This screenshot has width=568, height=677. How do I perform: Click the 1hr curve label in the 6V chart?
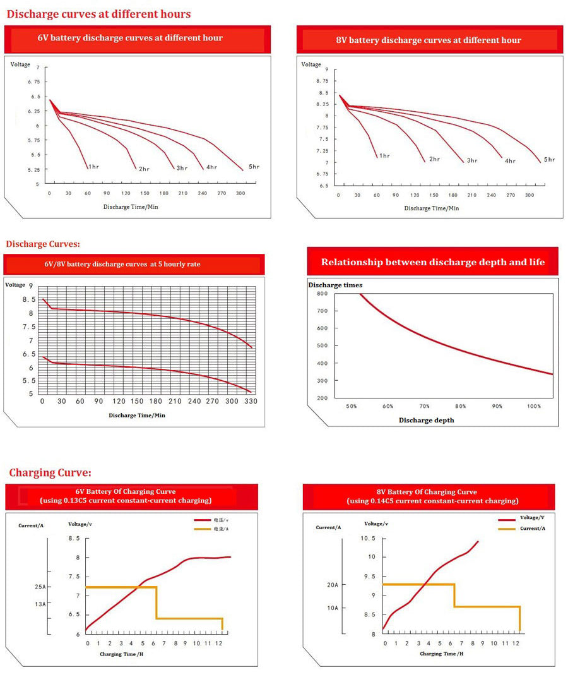click(93, 167)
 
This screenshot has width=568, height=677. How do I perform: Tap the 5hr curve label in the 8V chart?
click(549, 160)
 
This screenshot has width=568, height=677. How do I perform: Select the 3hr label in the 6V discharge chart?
click(182, 168)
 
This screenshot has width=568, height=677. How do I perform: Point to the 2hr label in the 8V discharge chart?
click(434, 159)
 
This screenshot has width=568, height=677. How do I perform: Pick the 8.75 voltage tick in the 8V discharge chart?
click(322, 81)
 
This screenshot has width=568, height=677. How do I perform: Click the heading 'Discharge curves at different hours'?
click(98, 14)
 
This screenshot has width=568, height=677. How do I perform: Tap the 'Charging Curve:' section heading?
click(50, 472)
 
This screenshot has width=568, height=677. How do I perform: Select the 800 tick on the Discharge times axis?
click(322, 294)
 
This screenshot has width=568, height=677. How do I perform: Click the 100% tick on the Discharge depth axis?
click(534, 406)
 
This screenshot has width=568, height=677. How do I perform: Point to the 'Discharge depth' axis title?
click(426, 420)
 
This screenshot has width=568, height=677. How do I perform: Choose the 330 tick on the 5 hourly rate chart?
click(251, 401)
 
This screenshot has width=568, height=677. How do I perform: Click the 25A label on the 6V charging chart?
click(40, 587)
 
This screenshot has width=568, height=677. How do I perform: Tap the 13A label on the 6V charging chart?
click(40, 604)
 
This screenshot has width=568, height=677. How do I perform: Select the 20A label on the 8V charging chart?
click(333, 585)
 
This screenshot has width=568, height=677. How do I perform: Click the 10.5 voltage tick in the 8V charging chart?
click(368, 538)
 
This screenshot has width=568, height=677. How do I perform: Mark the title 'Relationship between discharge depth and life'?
click(432, 262)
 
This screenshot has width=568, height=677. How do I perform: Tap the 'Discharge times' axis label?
click(335, 285)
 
